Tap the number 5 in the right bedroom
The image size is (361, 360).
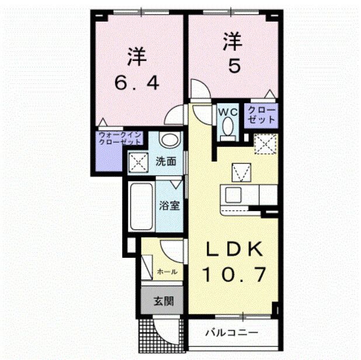coord(233,67)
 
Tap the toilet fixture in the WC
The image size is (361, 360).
coord(227,128)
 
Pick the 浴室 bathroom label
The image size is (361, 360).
coord(169,205)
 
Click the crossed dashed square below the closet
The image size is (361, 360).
coord(266,143)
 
